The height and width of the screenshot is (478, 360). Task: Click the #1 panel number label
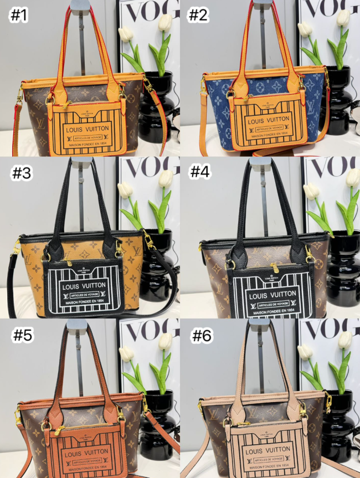click(x=19, y=16)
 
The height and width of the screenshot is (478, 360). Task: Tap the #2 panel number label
click(x=198, y=16)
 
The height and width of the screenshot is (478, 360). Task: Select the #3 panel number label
click(x=23, y=173)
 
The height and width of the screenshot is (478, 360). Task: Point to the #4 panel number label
click(x=202, y=172)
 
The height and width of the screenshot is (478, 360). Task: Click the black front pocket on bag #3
click(x=83, y=289)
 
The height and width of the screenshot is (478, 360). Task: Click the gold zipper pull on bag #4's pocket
click(x=274, y=268)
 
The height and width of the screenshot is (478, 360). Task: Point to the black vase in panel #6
click(x=338, y=426)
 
